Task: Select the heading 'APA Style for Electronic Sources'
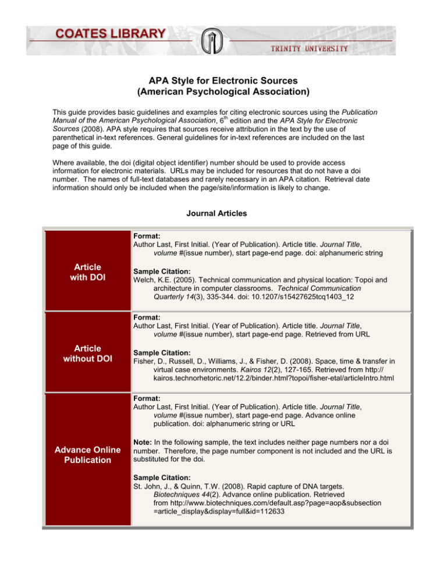pos(223,80)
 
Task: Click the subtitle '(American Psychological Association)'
pos(223,91)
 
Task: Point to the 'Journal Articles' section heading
pos(223,214)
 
